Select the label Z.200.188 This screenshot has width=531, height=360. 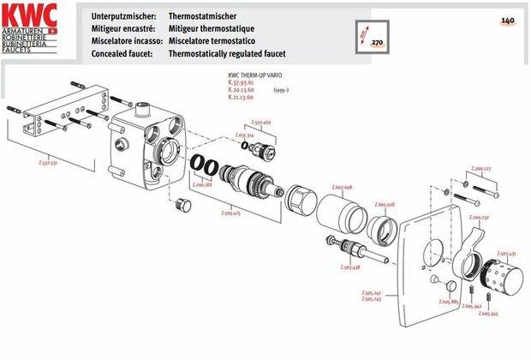(202, 183)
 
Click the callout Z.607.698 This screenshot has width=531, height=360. (343, 187)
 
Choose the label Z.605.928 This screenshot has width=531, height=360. (385, 205)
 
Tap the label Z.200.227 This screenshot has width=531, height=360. (480, 169)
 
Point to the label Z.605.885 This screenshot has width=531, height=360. (449, 303)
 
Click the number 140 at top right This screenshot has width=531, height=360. (507, 20)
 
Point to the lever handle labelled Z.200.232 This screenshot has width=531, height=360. (464, 255)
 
